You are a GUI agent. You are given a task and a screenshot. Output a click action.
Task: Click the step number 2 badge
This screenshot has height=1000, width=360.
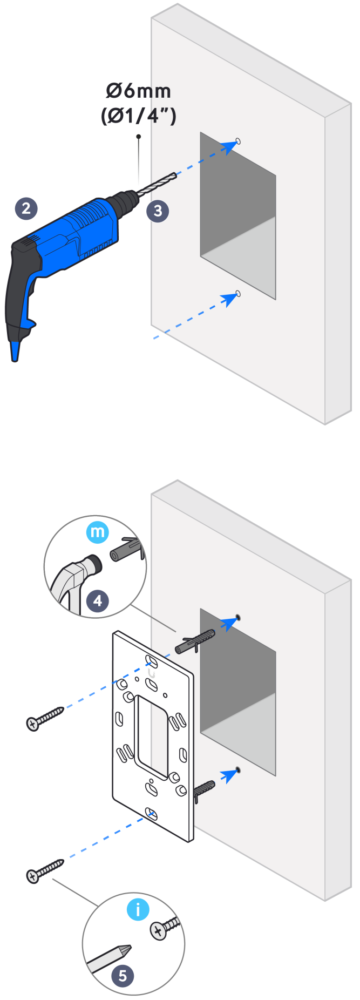26,208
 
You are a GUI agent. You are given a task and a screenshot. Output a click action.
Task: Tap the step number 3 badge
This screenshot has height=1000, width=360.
158,211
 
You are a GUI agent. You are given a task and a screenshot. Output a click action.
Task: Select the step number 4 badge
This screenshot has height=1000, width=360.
97,600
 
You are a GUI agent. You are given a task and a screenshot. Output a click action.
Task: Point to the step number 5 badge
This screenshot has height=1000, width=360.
123,976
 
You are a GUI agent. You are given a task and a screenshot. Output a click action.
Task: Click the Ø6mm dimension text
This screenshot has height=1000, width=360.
139,91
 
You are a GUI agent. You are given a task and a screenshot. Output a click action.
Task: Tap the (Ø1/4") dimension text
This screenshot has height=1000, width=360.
139,116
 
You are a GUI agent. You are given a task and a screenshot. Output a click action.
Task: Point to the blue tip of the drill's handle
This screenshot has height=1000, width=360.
15,350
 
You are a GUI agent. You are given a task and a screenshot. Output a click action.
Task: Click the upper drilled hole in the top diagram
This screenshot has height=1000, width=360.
239,141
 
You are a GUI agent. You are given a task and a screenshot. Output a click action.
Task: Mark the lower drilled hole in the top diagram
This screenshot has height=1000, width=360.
238,294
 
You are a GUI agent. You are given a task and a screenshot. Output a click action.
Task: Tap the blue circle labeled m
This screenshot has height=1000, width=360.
98,532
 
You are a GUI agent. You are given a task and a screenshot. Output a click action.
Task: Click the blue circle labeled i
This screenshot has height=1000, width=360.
138,910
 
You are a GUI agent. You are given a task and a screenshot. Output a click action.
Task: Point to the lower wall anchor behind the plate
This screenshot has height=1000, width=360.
203,790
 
